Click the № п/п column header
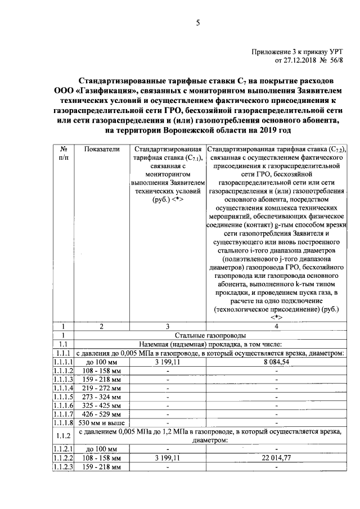tap(64, 154)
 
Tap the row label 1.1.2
tap(64, 435)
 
